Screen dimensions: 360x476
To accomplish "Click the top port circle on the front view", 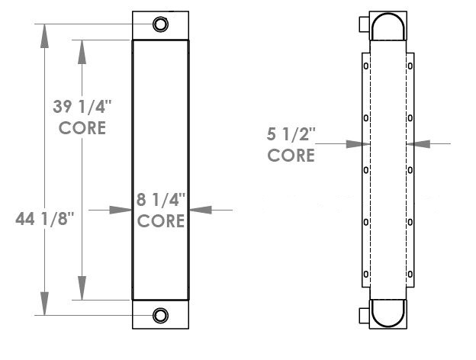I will click(x=160, y=24).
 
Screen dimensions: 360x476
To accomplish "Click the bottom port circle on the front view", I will click(x=160, y=315).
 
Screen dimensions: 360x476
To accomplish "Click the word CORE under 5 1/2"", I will click(x=291, y=156).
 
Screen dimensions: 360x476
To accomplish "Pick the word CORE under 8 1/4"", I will click(x=160, y=222).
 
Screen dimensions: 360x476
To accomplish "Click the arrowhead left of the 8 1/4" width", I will click(x=124, y=209).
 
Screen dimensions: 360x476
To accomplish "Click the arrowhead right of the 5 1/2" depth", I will click(x=416, y=143).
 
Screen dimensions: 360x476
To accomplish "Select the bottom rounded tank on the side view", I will click(x=389, y=313).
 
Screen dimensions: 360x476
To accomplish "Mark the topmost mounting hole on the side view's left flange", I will click(x=367, y=66).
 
